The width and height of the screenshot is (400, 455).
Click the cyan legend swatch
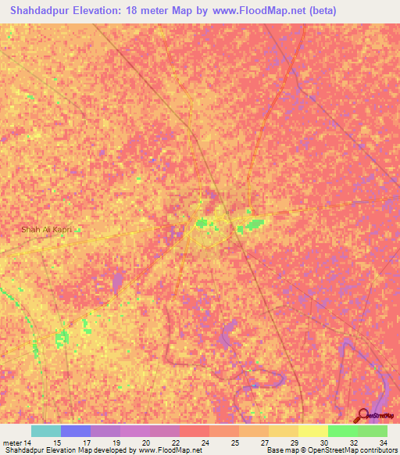[x=46, y=431]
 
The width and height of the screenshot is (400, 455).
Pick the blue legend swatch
[x=76, y=431]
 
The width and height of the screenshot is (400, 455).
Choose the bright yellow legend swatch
[x=312, y=431]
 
